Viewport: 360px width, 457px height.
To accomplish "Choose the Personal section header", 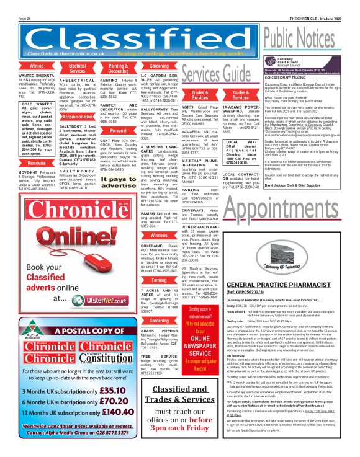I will coord(118,131).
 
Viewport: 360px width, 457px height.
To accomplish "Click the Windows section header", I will coord(160,236).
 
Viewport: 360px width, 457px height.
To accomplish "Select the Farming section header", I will coord(160,280).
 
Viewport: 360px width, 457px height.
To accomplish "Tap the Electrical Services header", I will coord(77,68).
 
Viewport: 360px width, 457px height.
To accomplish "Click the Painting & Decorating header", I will coord(118,68).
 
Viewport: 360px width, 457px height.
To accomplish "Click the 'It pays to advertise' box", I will coord(118,182).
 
